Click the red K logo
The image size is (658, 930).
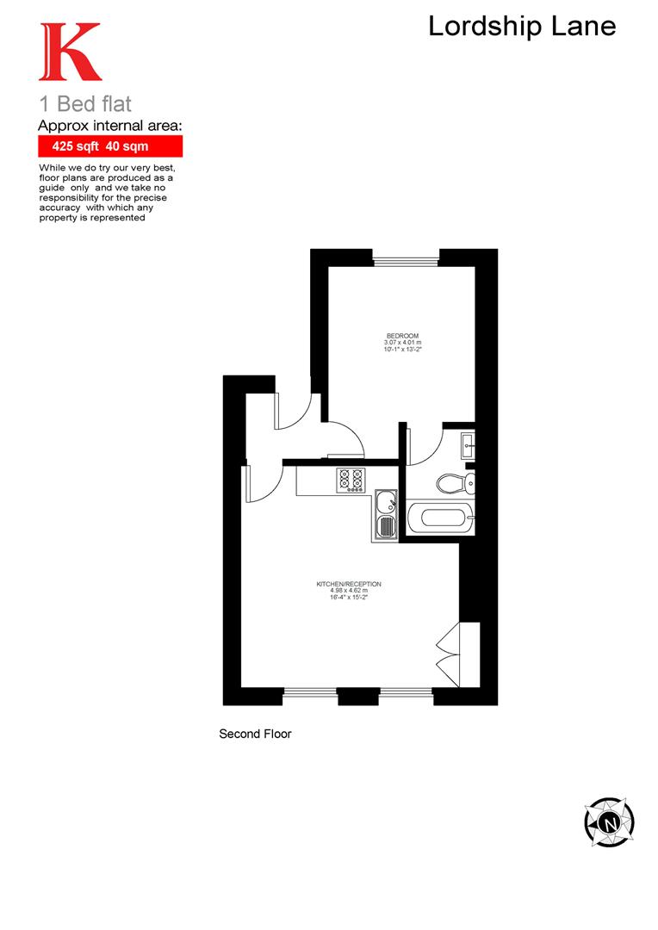coord(70,53)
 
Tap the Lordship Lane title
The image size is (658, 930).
coord(522,26)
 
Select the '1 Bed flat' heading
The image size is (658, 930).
coord(85,105)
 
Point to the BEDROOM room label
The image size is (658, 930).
coord(401,335)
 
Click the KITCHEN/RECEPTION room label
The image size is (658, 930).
coord(349,584)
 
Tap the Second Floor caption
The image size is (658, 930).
coord(255,735)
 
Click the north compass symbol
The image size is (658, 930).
coord(610,822)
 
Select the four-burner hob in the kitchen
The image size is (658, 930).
coord(351,479)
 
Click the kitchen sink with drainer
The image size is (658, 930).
coord(385,516)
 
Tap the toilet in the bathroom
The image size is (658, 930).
coord(453,483)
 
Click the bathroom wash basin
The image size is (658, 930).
coord(468,445)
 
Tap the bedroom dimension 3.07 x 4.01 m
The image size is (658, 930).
coord(401,344)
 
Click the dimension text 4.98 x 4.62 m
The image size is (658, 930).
coord(349,591)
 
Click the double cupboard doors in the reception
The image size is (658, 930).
coord(449,654)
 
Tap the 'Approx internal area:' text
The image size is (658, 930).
coord(110,126)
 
